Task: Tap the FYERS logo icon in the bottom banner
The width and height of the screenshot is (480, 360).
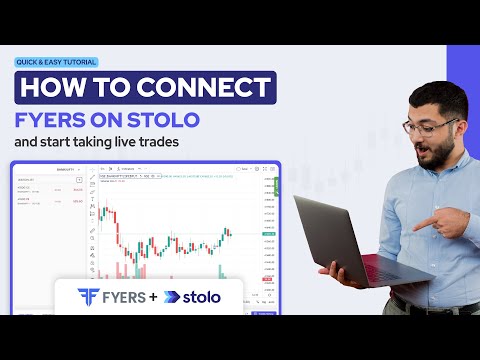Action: [89, 297]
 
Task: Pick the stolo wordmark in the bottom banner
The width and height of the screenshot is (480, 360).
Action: [204, 297]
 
